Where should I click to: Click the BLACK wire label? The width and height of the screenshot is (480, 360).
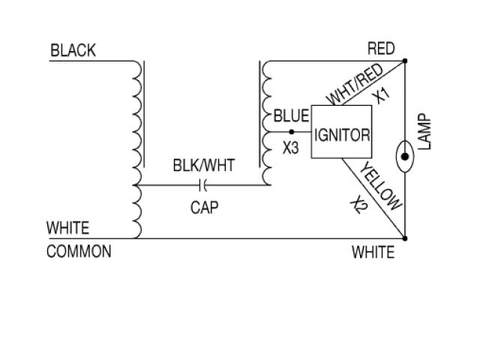[x=73, y=51]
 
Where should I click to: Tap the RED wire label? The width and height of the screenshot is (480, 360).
[x=381, y=49]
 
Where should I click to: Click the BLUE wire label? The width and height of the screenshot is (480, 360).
[x=292, y=116]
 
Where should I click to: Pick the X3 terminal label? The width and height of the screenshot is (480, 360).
[x=291, y=148]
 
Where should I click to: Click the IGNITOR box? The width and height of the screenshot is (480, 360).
[x=342, y=136]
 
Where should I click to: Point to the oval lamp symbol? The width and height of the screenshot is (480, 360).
[x=405, y=157]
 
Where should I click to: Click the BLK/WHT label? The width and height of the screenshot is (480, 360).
[x=202, y=164]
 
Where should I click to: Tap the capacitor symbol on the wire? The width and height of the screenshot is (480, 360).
[x=203, y=183]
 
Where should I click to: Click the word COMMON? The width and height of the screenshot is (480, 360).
[x=79, y=251]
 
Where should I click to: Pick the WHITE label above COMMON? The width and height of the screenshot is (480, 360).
[x=67, y=227]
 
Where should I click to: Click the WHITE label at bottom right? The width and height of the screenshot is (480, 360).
[x=373, y=252]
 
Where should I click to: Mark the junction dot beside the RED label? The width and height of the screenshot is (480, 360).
[x=405, y=60]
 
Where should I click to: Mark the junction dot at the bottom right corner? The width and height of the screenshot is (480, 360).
[x=405, y=238]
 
